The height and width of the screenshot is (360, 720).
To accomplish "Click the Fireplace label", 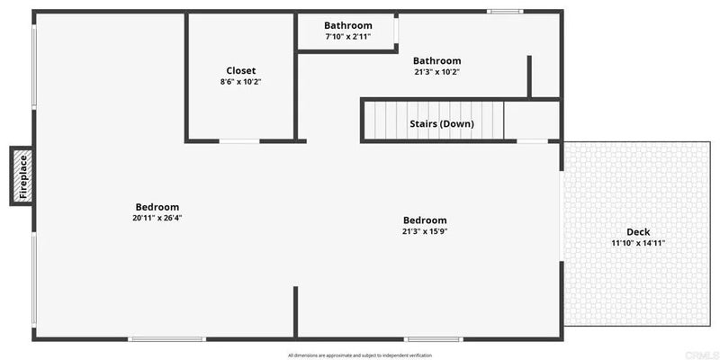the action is pyautogui.click(x=23, y=176).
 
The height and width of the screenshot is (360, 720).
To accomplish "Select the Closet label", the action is pyautogui.click(x=241, y=71).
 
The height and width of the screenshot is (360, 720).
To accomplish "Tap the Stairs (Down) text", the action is pyautogui.click(x=442, y=124).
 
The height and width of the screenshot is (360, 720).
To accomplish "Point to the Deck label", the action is pyautogui.click(x=638, y=232).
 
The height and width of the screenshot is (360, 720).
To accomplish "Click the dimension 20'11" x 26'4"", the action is pyautogui.click(x=157, y=218).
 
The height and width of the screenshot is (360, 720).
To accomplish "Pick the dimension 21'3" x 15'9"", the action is pyautogui.click(x=425, y=231).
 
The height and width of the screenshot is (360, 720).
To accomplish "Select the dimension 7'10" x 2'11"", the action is pyautogui.click(x=348, y=36).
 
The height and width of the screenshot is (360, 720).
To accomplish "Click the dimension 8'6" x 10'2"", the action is pyautogui.click(x=241, y=82).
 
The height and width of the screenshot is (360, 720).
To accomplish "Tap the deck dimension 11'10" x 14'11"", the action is pyautogui.click(x=638, y=243).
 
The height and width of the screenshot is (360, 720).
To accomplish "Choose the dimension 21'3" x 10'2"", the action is pyautogui.click(x=436, y=72).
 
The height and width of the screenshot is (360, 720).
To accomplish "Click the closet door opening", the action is pyautogui.click(x=239, y=141).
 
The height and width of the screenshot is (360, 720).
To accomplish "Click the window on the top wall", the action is pyautogui.click(x=505, y=12).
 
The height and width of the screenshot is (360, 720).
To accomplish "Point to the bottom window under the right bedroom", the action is pyautogui.click(x=434, y=339).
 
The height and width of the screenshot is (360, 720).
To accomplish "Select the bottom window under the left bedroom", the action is pyautogui.click(x=166, y=339).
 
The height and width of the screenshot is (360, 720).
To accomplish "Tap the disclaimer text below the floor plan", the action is pyautogui.click(x=360, y=355).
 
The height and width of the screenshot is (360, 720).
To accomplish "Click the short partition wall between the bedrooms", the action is pyautogui.click(x=296, y=312).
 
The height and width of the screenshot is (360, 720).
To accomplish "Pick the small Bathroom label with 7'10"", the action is pyautogui.click(x=348, y=26).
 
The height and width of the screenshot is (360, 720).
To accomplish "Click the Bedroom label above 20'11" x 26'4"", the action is pyautogui.click(x=157, y=207).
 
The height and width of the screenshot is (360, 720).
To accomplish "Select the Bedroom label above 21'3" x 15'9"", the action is pyautogui.click(x=425, y=220).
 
